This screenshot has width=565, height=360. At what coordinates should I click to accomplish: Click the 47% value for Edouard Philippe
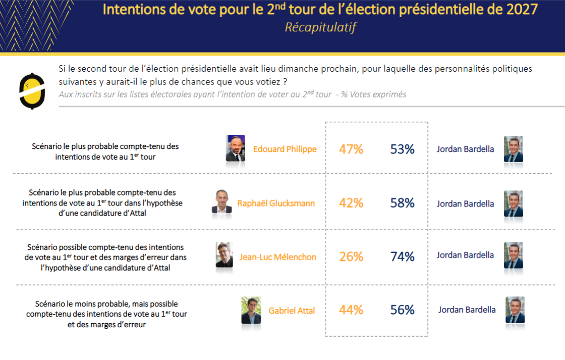(x=351, y=149)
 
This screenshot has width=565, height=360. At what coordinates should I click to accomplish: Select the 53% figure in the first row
(x=402, y=149)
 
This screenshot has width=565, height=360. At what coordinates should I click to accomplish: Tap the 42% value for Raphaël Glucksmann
(x=351, y=203)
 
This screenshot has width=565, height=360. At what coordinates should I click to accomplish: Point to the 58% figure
(x=402, y=203)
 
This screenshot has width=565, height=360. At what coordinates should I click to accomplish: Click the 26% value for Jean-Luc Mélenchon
(x=351, y=256)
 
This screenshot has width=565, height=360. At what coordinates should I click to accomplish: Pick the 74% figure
(x=402, y=256)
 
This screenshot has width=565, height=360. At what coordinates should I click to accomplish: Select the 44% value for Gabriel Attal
(x=351, y=310)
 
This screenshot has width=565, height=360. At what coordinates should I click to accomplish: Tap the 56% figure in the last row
(x=402, y=310)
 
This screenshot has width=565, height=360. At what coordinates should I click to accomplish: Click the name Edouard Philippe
(x=285, y=149)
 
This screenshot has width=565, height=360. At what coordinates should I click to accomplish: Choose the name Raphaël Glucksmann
(x=276, y=203)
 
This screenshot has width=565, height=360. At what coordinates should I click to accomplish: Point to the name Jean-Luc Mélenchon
(x=278, y=257)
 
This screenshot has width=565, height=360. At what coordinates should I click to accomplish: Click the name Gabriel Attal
(x=292, y=311)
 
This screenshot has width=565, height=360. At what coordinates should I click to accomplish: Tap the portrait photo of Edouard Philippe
(x=236, y=148)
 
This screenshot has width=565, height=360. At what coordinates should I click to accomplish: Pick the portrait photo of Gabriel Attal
(x=251, y=310)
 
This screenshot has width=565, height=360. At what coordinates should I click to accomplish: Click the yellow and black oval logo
(x=32, y=90)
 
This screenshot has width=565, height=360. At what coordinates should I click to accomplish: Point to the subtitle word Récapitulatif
(x=320, y=27)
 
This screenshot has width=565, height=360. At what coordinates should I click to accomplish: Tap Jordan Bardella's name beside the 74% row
(x=465, y=255)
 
